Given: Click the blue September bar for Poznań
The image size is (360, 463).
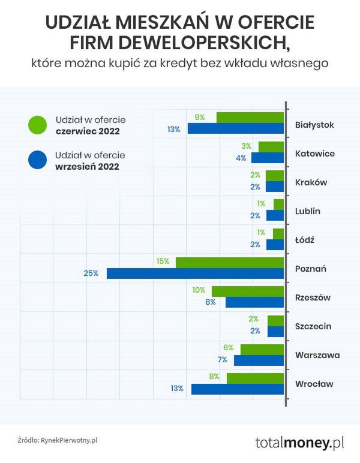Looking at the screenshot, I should [195, 273].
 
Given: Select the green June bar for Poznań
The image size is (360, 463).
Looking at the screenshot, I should [229, 262].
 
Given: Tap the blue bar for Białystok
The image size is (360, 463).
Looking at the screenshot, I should [235, 129].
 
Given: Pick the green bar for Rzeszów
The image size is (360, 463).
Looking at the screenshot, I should [247, 291].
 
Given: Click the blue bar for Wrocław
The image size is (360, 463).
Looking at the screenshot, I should [237, 389].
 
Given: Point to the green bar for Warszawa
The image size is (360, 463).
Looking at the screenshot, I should [262, 349].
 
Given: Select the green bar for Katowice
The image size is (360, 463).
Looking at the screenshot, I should [271, 147].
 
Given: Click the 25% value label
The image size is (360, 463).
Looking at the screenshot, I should [91, 273].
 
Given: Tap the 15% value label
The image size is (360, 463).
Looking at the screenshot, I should [163, 262].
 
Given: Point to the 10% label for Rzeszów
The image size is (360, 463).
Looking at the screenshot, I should [199, 290].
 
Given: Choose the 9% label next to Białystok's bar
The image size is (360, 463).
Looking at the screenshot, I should [200, 118].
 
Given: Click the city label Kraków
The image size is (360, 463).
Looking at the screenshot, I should [311, 182].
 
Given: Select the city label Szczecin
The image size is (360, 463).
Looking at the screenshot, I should [314, 326].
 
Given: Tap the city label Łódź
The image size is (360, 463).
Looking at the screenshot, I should [305, 240].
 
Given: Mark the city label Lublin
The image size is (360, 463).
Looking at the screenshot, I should [308, 211].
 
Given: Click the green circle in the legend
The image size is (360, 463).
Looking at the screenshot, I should [37, 125].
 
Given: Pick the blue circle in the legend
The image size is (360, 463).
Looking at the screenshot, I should [37, 160].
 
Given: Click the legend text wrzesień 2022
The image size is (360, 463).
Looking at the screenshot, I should [87, 167].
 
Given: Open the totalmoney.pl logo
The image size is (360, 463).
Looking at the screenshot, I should [299, 443].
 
